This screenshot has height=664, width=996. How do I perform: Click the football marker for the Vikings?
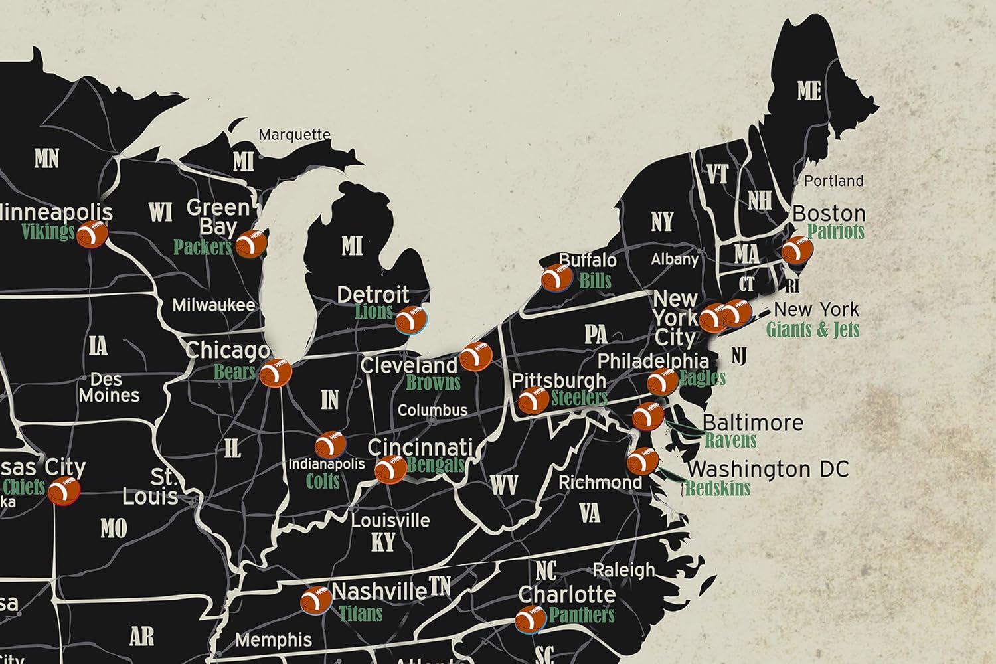pos(92,234)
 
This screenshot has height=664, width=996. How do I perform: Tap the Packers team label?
pos(202,247)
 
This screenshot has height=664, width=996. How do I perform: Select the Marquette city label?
pos(294,135)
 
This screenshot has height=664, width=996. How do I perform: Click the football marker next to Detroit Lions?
pos(411,319)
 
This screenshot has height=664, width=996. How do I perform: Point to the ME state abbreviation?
pos(809,91)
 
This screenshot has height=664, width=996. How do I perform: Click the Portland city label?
pos(833,181)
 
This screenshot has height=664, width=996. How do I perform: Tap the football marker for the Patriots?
pos(796,251)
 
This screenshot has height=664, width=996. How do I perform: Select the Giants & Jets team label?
pos(812,329)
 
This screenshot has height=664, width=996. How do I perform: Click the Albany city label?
pos(674,260)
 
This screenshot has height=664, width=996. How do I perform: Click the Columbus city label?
pos(432,410)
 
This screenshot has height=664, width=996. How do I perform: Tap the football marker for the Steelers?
pos(533,400)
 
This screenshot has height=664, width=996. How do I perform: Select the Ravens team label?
pos(730,440)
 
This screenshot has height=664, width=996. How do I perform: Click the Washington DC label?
pos(768,469)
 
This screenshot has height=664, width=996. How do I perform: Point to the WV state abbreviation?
pos(503,485)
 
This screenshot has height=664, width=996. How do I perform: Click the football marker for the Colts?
pos(330,445)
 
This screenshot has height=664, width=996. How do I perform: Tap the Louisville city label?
pos(390,520)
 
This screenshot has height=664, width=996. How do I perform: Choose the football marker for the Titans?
pos(316,600)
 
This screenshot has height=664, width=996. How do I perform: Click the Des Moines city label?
pos(109,387)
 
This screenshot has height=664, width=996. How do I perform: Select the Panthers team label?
pos(581,615)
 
